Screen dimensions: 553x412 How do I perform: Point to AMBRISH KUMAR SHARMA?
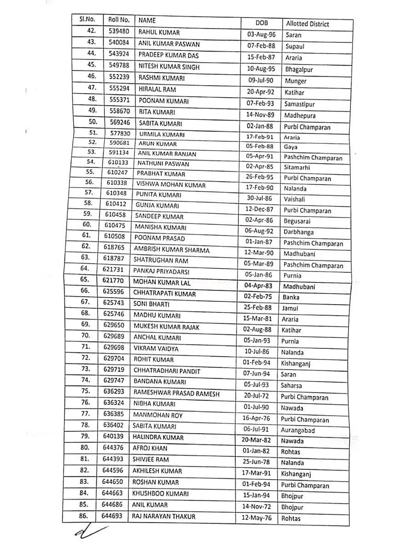click(171, 250)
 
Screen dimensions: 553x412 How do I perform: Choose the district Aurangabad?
click(302, 430)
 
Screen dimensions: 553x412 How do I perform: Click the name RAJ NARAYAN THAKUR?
click(164, 517)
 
